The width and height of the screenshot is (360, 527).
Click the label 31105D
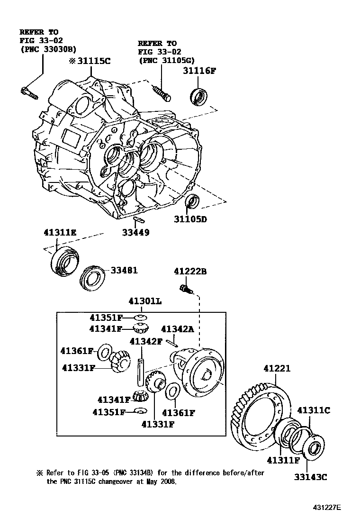point(190,219)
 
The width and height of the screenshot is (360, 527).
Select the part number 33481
point(124,270)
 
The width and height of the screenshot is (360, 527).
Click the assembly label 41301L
point(143,300)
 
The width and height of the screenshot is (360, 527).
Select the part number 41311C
point(313,410)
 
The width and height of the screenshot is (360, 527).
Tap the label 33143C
point(311,477)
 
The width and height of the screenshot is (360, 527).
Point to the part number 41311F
point(283,460)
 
